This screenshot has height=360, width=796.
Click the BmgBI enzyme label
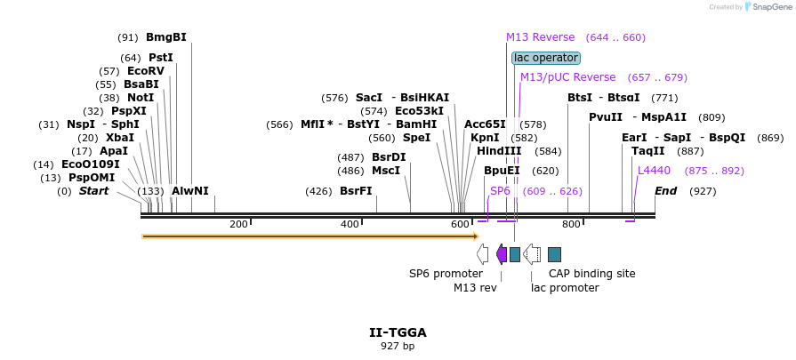pyautogui.click(x=165, y=37)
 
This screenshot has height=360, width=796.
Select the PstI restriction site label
pyautogui.click(x=160, y=58)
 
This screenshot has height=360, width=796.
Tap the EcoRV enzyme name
pyautogui.click(x=146, y=71)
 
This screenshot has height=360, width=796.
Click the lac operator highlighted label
pyautogui.click(x=546, y=58)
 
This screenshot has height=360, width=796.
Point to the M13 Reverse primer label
pyautogui.click(x=540, y=37)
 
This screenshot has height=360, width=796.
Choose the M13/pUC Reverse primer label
pyautogui.click(x=567, y=77)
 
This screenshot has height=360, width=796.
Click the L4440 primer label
pyautogui.click(x=654, y=171)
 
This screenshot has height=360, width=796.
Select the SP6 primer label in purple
pyautogui.click(x=500, y=191)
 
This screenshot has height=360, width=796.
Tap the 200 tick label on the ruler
pyautogui.click(x=238, y=225)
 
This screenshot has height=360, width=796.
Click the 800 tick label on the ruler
pyautogui.click(x=571, y=225)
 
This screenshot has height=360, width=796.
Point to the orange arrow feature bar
pyautogui.click(x=310, y=236)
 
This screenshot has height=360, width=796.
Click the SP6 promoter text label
pyautogui.click(x=446, y=274)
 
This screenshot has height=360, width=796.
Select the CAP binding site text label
pyautogui.click(x=591, y=274)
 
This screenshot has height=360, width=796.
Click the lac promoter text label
pyautogui.click(x=565, y=288)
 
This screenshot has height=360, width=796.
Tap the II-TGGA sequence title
pyautogui.click(x=398, y=332)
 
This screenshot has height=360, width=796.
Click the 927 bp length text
pyautogui.click(x=398, y=346)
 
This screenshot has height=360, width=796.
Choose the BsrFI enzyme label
pyautogui.click(x=356, y=191)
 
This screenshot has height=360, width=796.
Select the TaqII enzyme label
pyautogui.click(x=647, y=151)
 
